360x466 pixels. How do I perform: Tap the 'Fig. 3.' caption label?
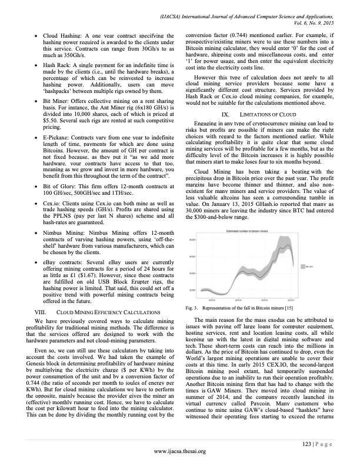pyautogui.click(x=192, y=307)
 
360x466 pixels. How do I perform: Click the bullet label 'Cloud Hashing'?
pyautogui.click(x=61, y=36)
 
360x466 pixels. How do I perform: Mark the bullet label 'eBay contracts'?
pyautogui.click(x=62, y=257)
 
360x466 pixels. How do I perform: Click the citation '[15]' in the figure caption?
pyautogui.click(x=288, y=307)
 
